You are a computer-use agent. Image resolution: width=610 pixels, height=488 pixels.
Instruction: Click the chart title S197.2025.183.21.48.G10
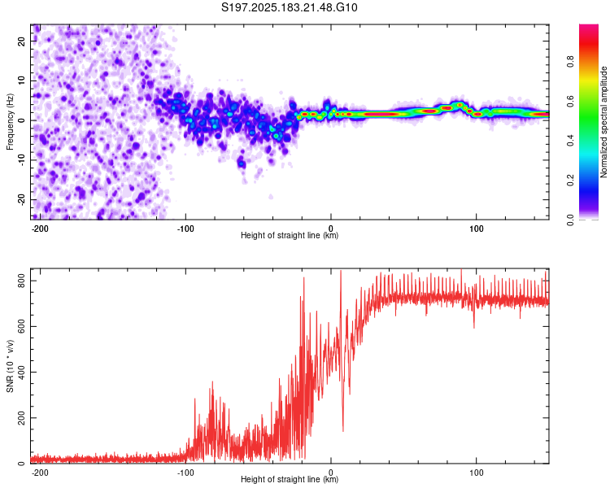(x=289, y=7)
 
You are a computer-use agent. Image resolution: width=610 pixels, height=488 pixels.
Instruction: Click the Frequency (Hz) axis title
(x=10, y=122)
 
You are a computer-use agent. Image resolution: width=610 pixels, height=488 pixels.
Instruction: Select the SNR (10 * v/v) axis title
(x=10, y=366)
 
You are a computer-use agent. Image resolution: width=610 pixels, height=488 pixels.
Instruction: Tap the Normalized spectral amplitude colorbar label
(x=603, y=122)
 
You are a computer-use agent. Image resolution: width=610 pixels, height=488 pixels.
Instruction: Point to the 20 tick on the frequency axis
(x=21, y=41)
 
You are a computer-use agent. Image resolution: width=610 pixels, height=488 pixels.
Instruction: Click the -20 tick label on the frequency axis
(x=21, y=199)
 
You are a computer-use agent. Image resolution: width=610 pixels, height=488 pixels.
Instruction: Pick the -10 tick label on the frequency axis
(x=21, y=160)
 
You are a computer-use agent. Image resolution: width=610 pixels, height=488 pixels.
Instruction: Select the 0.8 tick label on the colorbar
(x=570, y=62)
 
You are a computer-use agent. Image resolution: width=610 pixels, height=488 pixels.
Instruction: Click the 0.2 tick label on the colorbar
(x=570, y=181)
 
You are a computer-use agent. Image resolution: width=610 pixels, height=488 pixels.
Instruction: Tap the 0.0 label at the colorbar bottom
(x=570, y=220)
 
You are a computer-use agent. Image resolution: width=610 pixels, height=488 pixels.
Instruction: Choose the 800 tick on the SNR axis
(x=21, y=281)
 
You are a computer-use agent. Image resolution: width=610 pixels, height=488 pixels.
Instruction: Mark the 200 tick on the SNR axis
(x=21, y=417)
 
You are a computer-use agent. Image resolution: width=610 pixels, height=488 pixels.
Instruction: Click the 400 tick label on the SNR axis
(x=21, y=372)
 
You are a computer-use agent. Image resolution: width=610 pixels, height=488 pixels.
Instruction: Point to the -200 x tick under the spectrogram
(x=40, y=229)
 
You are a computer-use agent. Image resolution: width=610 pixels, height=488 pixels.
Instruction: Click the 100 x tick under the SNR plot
(x=476, y=473)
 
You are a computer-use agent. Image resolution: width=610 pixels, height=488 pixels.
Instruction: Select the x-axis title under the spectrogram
(x=290, y=235)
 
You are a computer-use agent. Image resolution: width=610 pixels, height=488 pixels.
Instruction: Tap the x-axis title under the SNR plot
(x=290, y=479)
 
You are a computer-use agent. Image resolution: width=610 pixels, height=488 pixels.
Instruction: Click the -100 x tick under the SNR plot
(x=185, y=473)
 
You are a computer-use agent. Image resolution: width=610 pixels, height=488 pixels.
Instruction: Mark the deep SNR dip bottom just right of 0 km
(x=342, y=430)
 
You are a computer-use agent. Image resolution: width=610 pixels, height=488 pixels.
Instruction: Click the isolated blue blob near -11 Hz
(x=242, y=163)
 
